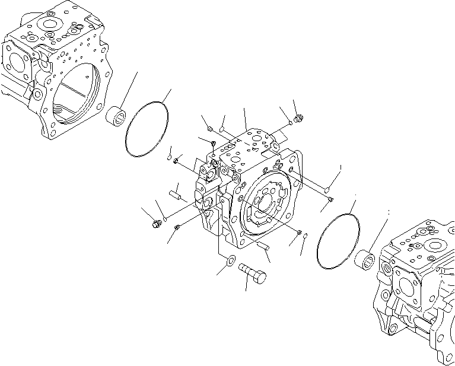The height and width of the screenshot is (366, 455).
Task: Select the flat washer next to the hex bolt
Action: click(231, 259)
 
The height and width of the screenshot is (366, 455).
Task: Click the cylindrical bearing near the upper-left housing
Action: click(117, 115)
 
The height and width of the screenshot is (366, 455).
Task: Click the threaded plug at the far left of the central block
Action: click(157, 224)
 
